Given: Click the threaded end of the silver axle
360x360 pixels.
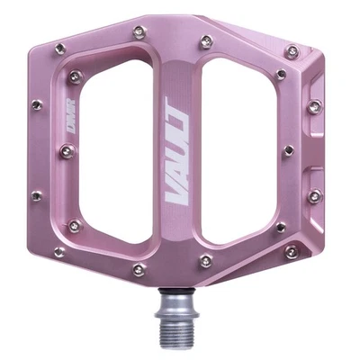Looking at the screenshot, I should (x=174, y=337).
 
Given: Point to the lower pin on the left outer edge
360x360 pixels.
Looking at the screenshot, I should (x=35, y=194).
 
